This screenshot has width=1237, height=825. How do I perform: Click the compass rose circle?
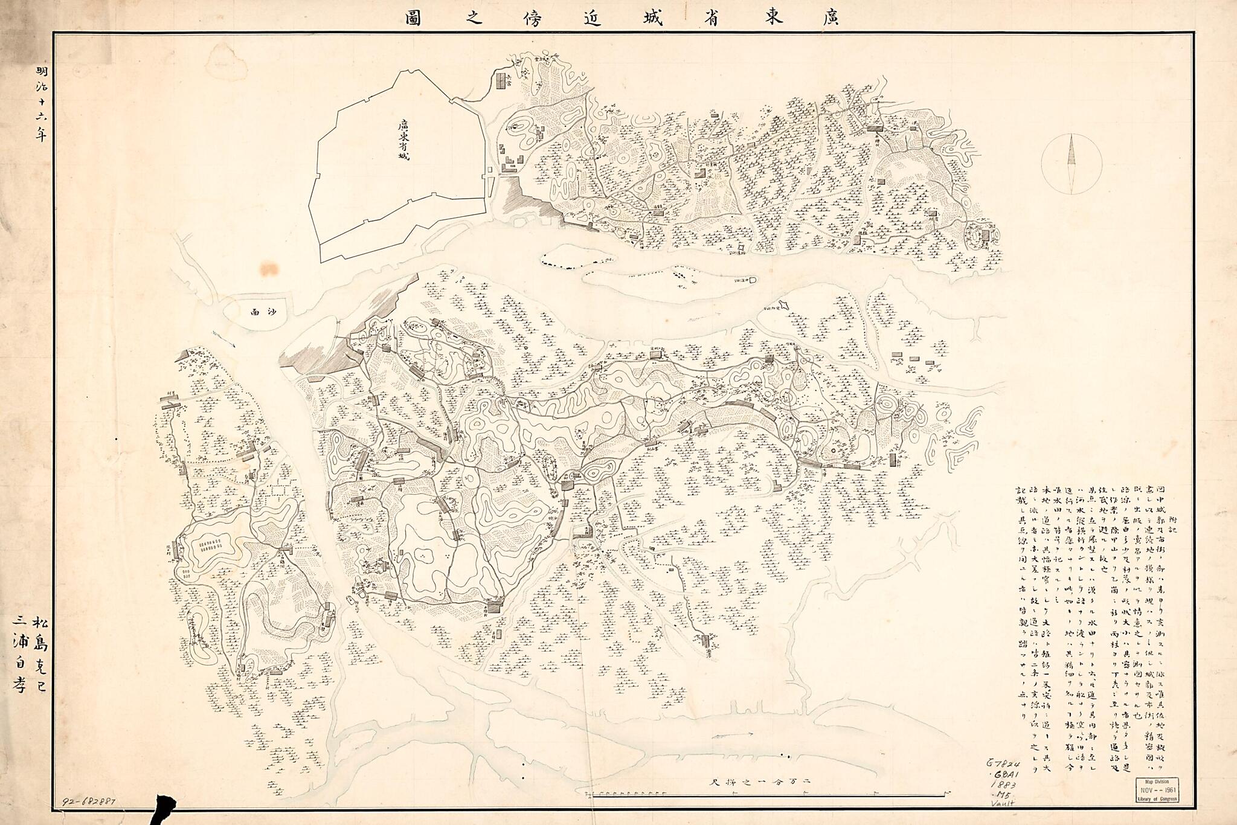[1072, 164]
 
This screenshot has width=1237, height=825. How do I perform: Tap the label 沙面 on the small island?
[263, 312]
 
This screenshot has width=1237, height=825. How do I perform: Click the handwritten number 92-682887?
[90, 801]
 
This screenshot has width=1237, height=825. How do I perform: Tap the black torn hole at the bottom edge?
[165, 809]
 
